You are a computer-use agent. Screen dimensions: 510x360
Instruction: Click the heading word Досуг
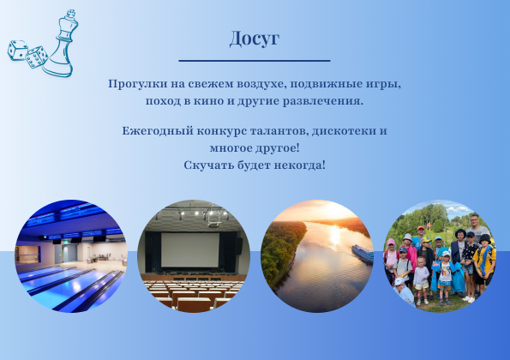tap(255, 39)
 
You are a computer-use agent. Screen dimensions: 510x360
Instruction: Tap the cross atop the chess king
tap(71, 14)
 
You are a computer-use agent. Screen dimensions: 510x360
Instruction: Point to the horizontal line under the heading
tap(255, 61)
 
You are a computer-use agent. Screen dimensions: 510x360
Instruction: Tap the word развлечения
tap(322, 101)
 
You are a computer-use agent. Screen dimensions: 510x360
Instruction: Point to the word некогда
tap(299, 165)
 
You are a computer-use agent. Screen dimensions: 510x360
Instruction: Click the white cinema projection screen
tap(190, 249)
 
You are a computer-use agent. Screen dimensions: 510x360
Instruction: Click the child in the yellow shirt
tap(483, 261)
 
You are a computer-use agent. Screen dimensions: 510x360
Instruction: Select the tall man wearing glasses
tap(476, 229)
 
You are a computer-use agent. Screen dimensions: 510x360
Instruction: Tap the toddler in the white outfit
tap(421, 280)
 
